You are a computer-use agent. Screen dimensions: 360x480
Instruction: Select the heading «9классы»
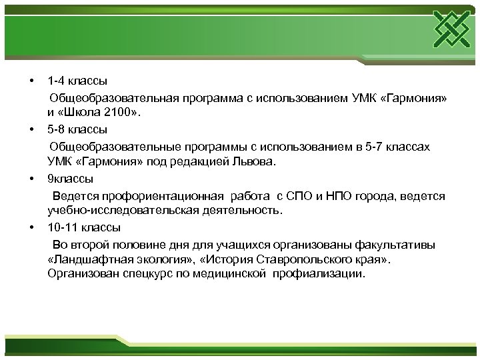click(71, 179)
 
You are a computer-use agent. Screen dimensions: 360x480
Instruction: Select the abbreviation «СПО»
click(299, 196)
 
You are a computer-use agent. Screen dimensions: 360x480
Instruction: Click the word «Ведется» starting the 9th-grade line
click(74, 196)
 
